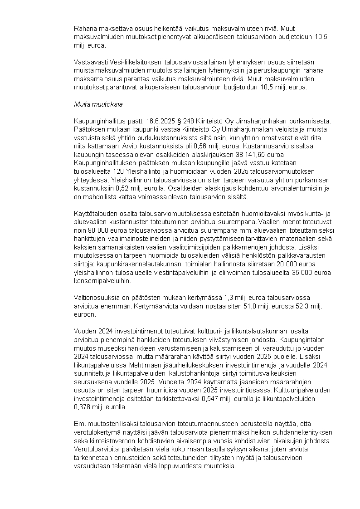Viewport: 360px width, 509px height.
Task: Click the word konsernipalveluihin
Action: (x=102, y=281)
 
